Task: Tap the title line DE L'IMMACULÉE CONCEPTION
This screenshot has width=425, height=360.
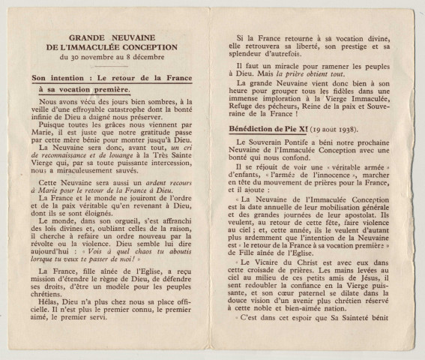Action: tap(122, 46)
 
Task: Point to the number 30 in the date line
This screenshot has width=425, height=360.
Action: tap(89, 57)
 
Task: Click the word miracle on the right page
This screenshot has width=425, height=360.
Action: tap(280, 66)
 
